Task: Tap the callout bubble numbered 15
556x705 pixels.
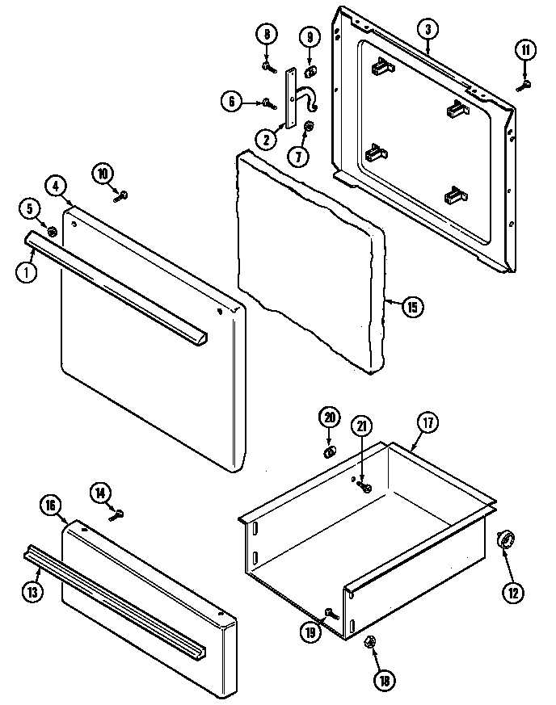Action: coord(411,306)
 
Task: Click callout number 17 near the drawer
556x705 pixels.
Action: coord(428,422)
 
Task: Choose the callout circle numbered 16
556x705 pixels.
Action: coord(50,506)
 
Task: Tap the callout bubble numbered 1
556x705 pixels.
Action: coord(25,272)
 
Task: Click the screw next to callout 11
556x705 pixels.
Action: coord(526,83)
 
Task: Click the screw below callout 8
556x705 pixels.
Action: coord(267,65)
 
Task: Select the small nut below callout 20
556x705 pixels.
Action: coord(330,451)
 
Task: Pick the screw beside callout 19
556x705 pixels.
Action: coord(329,614)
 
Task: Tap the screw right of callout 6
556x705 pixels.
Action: coord(267,103)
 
